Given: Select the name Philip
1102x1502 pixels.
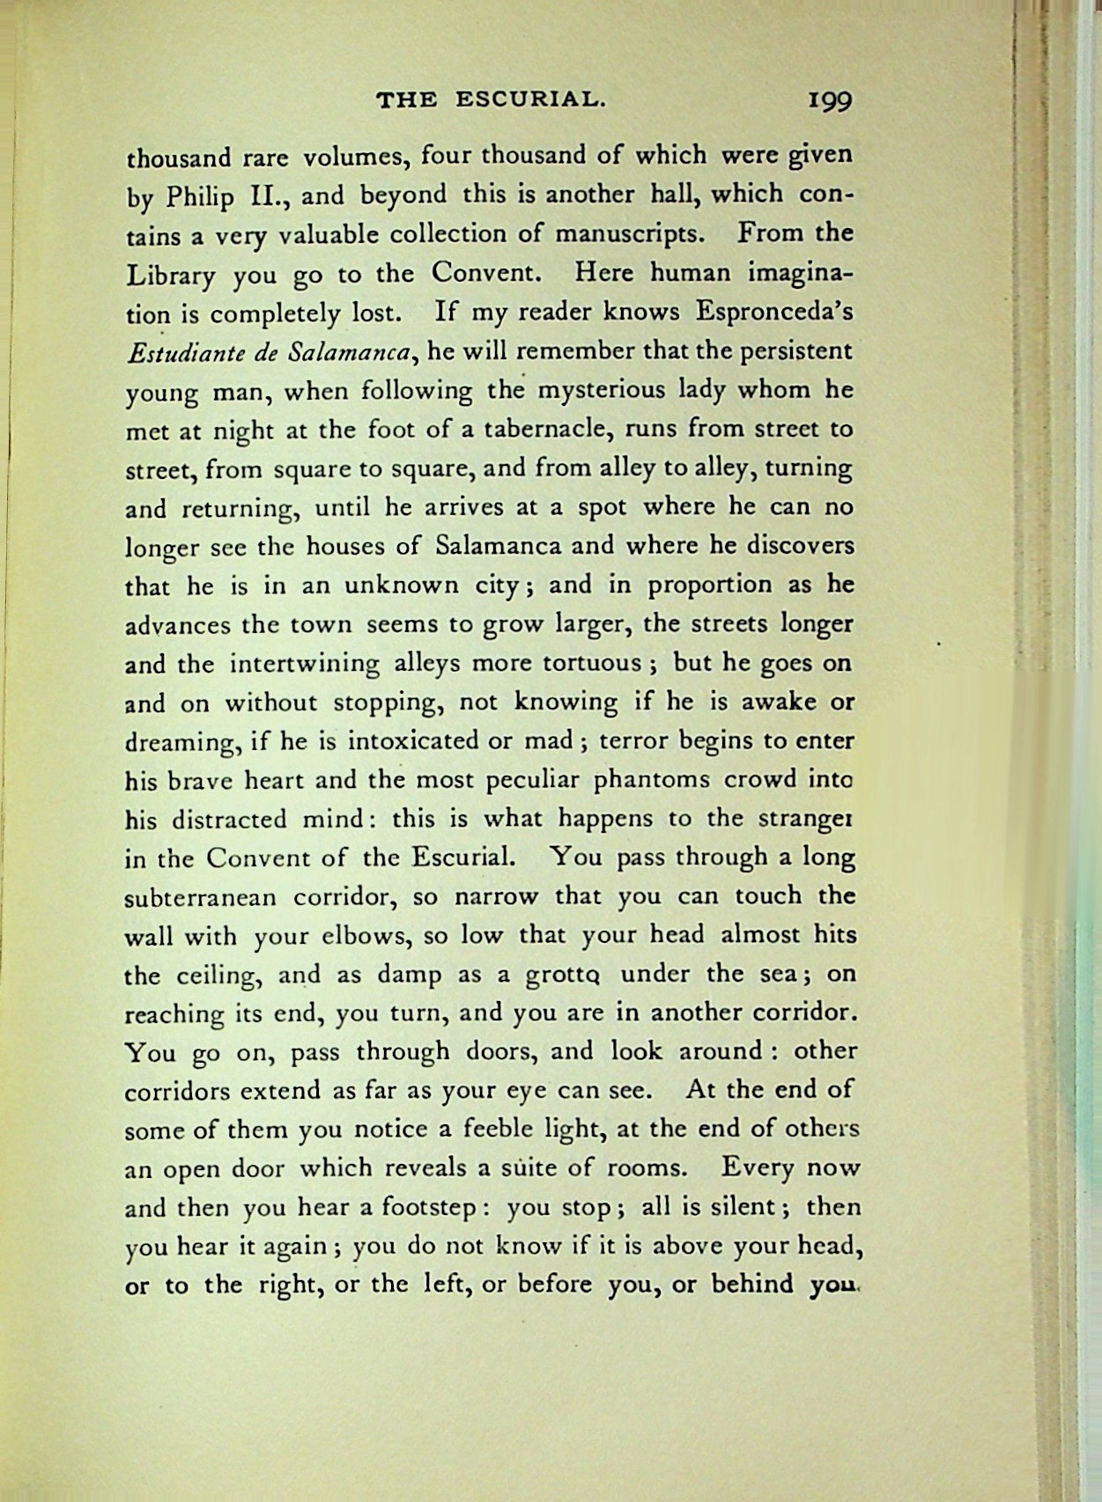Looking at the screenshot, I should click(201, 197).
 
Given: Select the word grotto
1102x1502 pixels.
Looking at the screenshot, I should click(563, 976).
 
